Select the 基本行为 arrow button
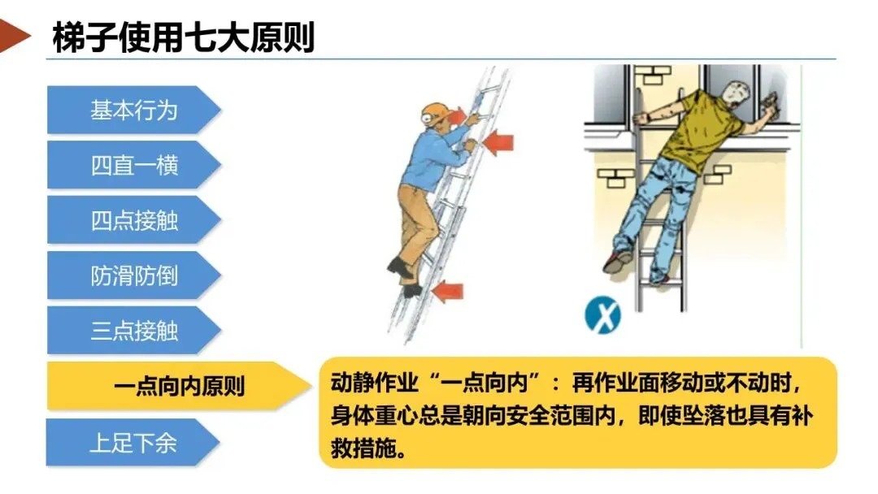(133, 110)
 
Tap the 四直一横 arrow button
(133, 165)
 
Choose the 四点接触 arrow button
(133, 220)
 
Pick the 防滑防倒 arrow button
(133, 275)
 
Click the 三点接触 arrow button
(133, 330)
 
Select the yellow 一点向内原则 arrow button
(179, 386)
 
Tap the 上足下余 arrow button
(133, 443)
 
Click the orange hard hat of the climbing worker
(434, 113)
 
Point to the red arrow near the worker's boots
(448, 292)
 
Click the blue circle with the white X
(602, 315)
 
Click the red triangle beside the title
(14, 36)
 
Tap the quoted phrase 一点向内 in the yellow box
(485, 383)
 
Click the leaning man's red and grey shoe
(618, 261)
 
